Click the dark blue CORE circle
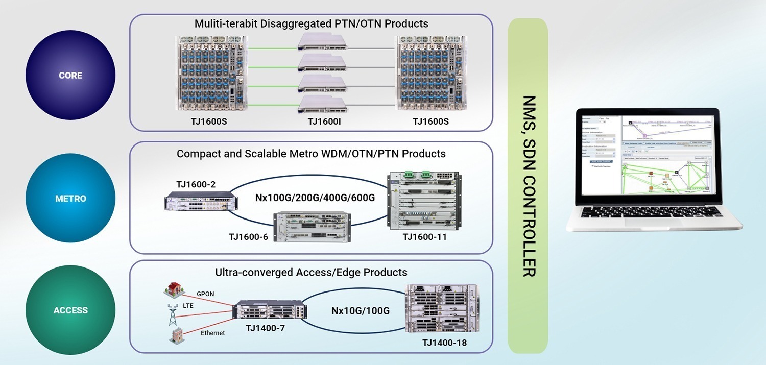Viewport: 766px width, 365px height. (70, 75)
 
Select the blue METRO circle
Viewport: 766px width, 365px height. (70, 198)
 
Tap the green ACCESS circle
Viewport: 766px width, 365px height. (70, 310)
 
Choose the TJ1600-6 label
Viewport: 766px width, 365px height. (249, 236)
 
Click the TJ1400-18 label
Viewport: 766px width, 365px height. (444, 343)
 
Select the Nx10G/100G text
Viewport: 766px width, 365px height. (361, 310)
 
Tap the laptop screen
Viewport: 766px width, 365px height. (656, 155)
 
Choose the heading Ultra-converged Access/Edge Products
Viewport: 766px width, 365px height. (311, 272)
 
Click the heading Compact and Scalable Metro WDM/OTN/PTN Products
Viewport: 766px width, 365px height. (311, 154)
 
